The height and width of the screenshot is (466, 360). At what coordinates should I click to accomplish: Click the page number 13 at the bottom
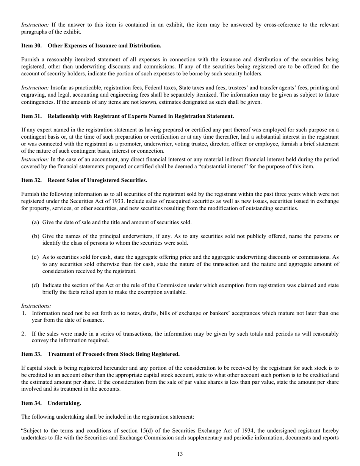click(180, 454)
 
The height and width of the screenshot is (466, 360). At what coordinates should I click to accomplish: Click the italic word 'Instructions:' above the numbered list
click(36, 306)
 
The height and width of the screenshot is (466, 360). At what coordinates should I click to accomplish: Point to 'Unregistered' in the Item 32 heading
click(98, 180)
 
